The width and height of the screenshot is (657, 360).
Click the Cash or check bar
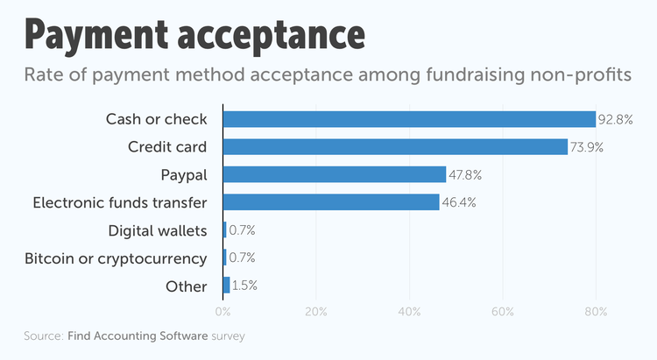[410, 119]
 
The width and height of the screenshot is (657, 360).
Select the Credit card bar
[396, 147]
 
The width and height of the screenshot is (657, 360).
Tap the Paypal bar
[335, 174]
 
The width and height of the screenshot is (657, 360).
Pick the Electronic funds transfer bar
[331, 202]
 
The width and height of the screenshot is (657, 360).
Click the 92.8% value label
[616, 119]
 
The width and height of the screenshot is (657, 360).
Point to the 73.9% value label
[587, 147]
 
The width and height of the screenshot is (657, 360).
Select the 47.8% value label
[465, 175]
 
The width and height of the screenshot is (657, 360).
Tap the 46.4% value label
[458, 202]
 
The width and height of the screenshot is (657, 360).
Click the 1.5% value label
[244, 286]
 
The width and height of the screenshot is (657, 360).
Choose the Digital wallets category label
[158, 230]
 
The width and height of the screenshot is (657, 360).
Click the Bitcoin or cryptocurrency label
[116, 258]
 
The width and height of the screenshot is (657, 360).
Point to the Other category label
[187, 286]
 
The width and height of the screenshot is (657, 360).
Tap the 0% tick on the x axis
[223, 311]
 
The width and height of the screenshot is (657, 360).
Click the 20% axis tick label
[316, 311]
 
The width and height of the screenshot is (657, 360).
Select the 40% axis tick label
[409, 311]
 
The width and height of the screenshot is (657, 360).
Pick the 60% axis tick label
[503, 311]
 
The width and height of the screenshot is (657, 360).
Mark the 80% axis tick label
[596, 311]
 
